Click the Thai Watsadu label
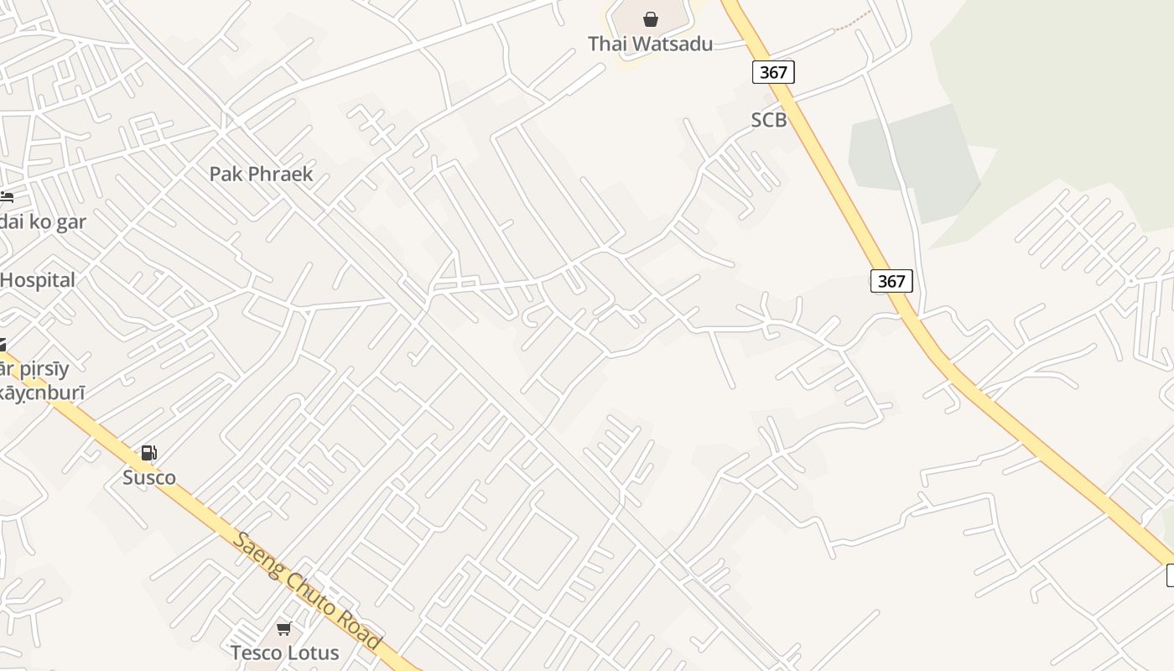point(650,44)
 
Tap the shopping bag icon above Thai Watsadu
point(650,18)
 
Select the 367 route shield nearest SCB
point(773,72)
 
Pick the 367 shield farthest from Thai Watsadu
point(891,281)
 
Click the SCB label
point(769,120)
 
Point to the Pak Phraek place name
point(261,174)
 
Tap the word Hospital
point(38,280)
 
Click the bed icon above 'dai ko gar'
point(7,197)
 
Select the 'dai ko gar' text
point(43,222)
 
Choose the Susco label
point(149,478)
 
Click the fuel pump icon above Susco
point(149,454)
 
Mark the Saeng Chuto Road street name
point(307,590)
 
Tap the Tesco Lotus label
point(285,653)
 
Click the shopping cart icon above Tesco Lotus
point(284,628)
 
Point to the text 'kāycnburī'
point(42,393)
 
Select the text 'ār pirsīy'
point(34,369)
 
